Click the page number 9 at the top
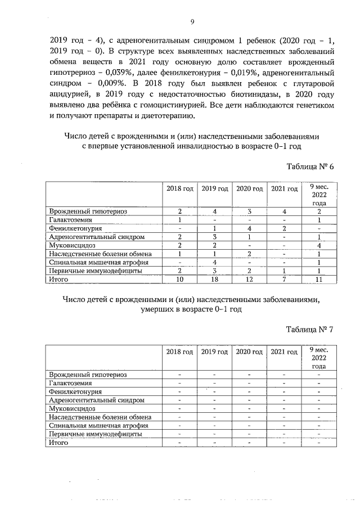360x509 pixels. coord(192,22)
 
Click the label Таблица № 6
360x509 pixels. coord(310,167)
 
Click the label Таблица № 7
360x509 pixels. coord(310,330)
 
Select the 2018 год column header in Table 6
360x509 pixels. coord(179,189)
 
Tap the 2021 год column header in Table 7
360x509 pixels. coord(284,352)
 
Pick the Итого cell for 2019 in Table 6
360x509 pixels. coord(214,279)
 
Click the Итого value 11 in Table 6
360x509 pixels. coord(318,279)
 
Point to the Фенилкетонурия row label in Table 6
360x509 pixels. coord(75,228)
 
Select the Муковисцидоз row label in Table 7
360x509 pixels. coord(72,408)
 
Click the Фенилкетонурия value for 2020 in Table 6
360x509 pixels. coord(249,228)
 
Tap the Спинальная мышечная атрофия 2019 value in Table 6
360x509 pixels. coord(214,262)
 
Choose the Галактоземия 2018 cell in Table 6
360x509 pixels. coord(179,220)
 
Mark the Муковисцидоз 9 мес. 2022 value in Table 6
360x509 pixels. coord(318,245)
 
